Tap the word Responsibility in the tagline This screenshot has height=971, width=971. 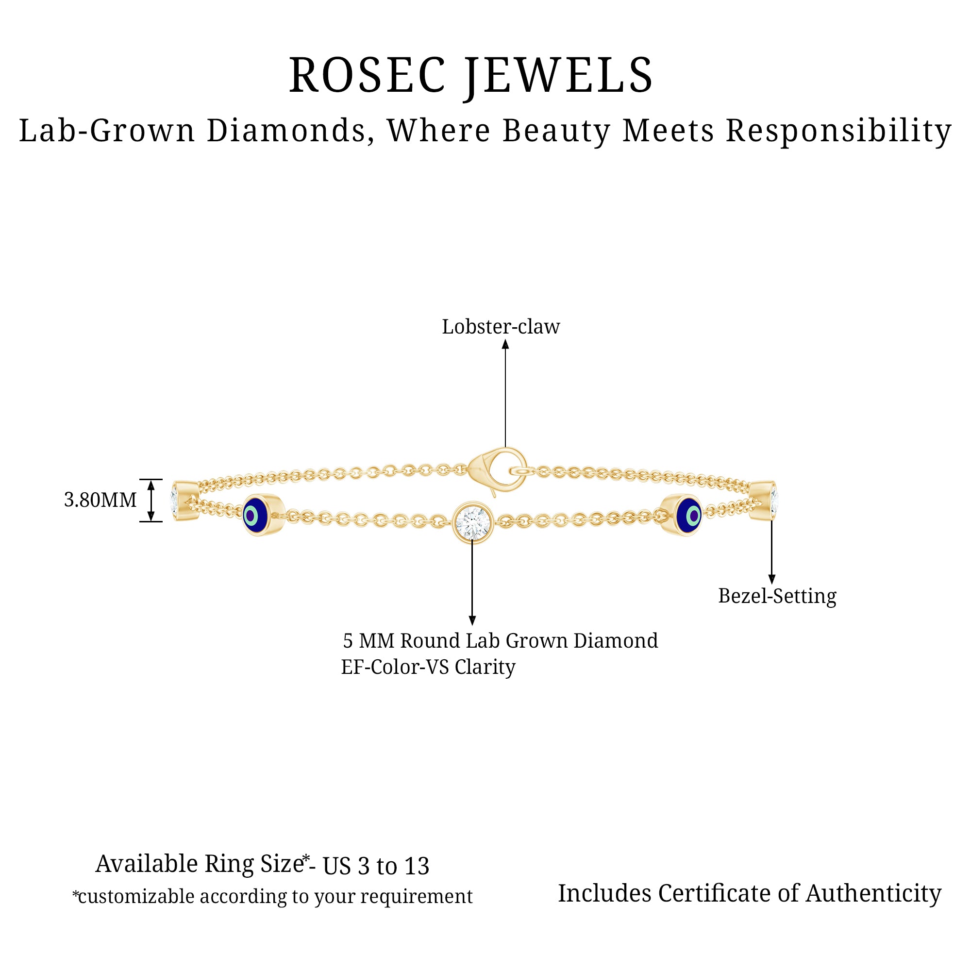838,131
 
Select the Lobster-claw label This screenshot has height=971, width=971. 501,327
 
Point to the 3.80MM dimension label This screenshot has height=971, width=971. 100,500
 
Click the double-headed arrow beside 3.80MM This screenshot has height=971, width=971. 151,500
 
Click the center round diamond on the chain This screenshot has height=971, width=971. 472,523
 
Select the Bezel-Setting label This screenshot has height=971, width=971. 777,596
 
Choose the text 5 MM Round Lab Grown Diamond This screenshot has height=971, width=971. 500,641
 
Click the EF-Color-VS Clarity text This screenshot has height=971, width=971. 428,668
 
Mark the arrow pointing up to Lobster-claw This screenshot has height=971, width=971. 505,392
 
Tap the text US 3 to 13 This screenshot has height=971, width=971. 375,867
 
